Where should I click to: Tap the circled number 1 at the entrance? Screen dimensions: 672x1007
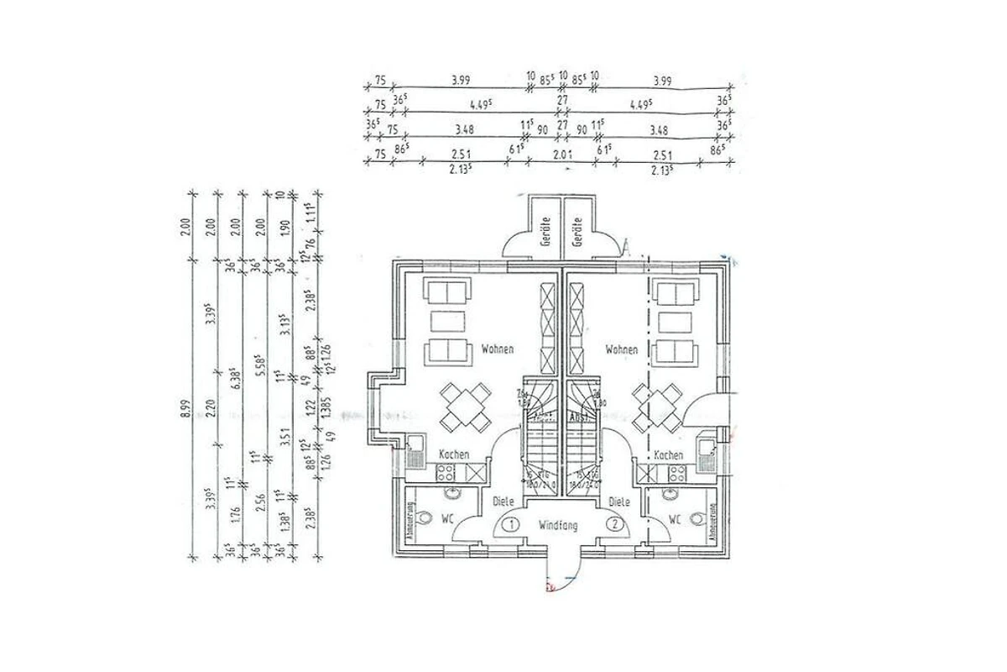(x=510, y=525)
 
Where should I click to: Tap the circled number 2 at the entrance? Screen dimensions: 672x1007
(x=616, y=525)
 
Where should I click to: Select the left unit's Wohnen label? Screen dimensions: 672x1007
(x=497, y=349)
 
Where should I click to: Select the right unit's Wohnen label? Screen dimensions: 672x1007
(x=621, y=349)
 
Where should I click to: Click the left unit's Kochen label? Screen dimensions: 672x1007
(x=453, y=454)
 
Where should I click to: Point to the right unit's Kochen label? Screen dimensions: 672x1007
(x=668, y=454)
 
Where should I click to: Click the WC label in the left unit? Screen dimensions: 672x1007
(x=447, y=519)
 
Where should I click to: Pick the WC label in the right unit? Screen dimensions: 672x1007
(x=674, y=519)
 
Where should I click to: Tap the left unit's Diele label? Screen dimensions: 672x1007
(x=503, y=501)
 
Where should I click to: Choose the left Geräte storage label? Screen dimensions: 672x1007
(x=545, y=230)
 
